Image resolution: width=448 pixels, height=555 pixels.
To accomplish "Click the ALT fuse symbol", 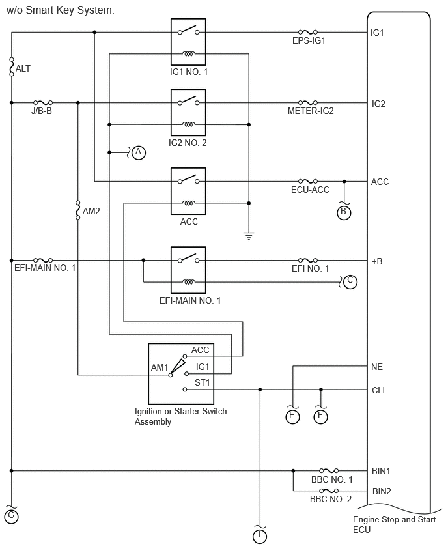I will [x=12, y=67].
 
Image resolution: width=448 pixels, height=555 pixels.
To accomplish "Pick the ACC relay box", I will [x=188, y=191].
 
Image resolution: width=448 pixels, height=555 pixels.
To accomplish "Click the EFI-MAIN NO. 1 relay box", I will [x=188, y=270].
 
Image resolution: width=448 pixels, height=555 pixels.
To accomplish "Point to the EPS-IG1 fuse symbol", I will [x=307, y=31].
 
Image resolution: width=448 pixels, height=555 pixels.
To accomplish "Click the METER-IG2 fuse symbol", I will [x=307, y=102].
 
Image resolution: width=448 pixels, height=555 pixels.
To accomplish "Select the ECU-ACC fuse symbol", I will [x=307, y=181].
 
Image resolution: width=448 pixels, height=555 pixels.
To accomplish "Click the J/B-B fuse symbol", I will [x=43, y=102].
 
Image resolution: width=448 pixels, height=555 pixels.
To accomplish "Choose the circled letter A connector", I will [x=137, y=153].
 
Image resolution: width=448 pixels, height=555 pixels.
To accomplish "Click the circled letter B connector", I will [x=344, y=212].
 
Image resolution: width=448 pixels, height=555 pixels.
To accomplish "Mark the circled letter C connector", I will [x=350, y=281].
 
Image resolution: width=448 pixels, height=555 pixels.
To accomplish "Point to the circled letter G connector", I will [x=11, y=517].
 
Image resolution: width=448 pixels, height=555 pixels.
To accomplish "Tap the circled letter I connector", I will [x=260, y=536].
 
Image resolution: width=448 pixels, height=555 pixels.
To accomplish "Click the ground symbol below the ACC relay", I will [x=248, y=235].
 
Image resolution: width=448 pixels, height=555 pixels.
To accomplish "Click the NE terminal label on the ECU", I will [x=376, y=367].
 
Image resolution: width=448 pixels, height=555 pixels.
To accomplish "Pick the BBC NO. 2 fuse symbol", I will [x=330, y=491].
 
